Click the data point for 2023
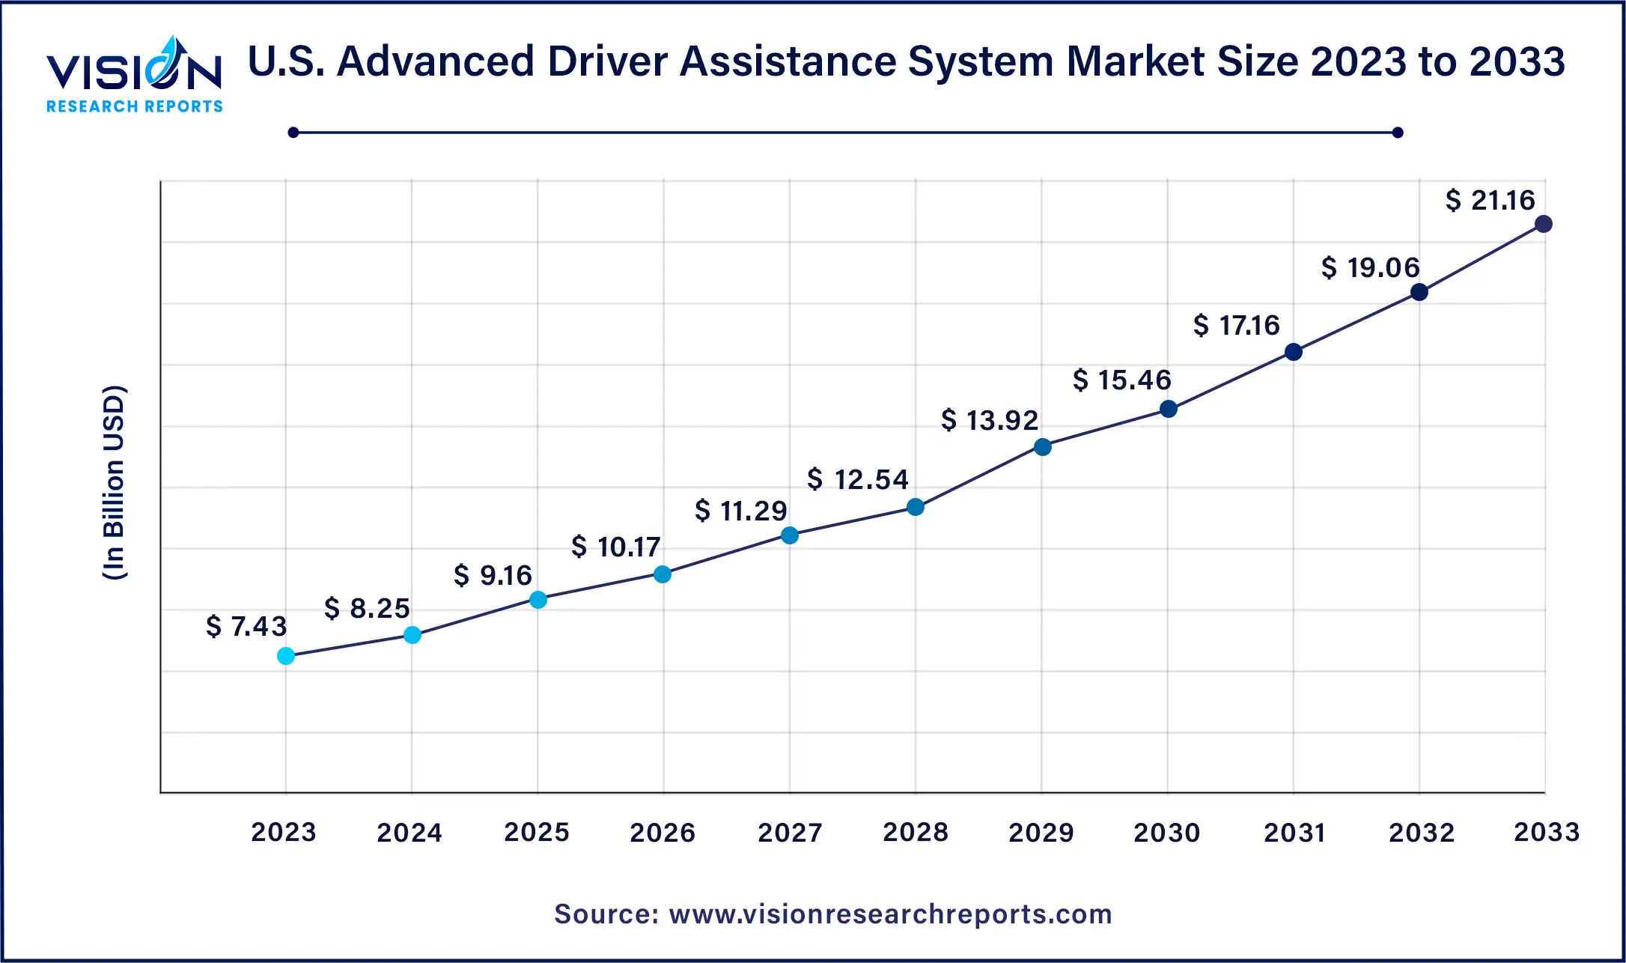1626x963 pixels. click(x=286, y=656)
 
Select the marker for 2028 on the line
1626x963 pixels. click(x=915, y=507)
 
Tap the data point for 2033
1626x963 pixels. click(x=1543, y=224)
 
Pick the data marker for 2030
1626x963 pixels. click(x=1168, y=409)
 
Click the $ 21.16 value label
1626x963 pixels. click(x=1490, y=200)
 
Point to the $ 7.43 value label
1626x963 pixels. click(x=246, y=626)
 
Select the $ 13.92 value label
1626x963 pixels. click(x=990, y=420)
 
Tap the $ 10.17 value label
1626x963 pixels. click(x=615, y=547)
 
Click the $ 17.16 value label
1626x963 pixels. click(x=1236, y=325)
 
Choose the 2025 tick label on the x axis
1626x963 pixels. click(x=537, y=832)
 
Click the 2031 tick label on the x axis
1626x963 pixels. click(x=1294, y=832)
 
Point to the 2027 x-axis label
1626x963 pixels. click(x=790, y=832)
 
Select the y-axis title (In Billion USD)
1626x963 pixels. click(x=114, y=483)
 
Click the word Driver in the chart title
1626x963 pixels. click(x=607, y=61)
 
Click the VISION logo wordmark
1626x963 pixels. click(x=134, y=71)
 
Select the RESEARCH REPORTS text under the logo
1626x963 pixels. click(x=135, y=106)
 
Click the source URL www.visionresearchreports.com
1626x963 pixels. click(x=890, y=914)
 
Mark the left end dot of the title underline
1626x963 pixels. click(x=293, y=133)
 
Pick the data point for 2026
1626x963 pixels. click(x=663, y=574)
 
